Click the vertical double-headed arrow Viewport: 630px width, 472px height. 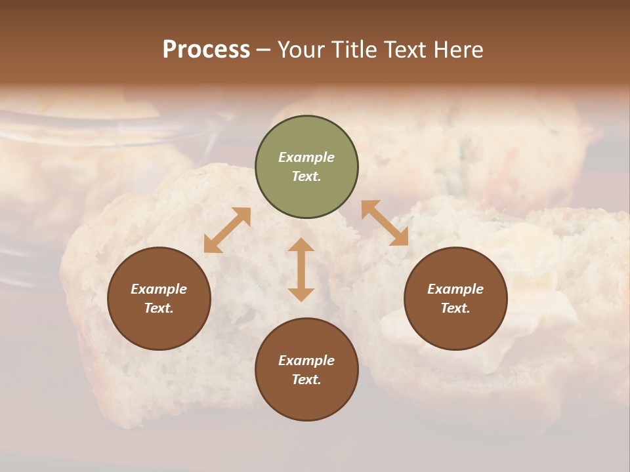[x=301, y=269]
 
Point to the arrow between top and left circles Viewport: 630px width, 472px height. [x=227, y=230]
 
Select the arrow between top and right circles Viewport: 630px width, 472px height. [x=385, y=223]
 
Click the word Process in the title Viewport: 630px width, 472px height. [x=206, y=49]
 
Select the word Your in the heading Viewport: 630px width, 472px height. [x=299, y=49]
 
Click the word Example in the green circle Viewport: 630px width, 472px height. [x=306, y=157]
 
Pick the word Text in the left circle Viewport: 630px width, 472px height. [x=158, y=308]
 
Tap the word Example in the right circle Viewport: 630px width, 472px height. [x=455, y=289]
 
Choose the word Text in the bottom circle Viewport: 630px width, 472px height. [x=306, y=380]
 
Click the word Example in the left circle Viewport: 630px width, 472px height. [x=159, y=289]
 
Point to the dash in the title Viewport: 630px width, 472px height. [x=264, y=50]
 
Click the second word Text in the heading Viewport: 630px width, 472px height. [x=401, y=49]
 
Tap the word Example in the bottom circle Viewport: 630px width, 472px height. [x=306, y=361]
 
